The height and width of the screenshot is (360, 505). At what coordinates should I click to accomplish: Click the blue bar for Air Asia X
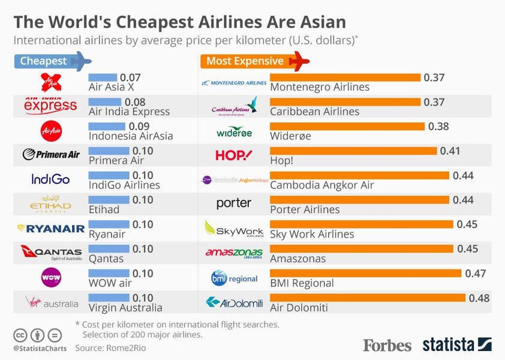pos(103,77)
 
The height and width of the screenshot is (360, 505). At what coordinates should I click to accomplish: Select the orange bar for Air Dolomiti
pos(368,298)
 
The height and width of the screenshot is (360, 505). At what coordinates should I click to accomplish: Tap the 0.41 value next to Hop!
pos(449,151)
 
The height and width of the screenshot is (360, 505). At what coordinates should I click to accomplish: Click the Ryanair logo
pos(51,228)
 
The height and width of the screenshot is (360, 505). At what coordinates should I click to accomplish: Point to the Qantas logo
pos(51,252)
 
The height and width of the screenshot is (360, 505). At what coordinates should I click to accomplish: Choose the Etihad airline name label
pos(104,209)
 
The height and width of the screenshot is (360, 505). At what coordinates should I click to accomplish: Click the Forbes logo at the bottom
pos(387,345)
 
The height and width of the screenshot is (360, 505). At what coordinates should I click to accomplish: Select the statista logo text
pos(449,345)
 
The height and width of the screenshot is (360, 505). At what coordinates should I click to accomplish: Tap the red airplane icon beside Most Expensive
pos(298,61)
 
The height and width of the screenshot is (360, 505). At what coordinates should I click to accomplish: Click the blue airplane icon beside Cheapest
pos(80,61)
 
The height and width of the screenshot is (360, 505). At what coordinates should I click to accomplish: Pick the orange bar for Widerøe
pos(347,126)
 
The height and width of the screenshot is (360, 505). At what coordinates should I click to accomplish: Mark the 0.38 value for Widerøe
pos(438,126)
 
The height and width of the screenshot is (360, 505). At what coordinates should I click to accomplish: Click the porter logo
pos(234,203)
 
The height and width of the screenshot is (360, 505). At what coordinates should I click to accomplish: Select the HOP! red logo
pos(234,155)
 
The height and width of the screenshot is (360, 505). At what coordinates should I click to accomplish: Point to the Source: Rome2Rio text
pos(110,347)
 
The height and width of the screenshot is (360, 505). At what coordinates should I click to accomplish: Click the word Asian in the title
pos(318,22)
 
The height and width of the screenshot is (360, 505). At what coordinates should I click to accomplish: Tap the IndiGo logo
pos(51,179)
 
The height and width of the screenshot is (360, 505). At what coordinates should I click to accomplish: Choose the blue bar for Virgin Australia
pos(109,298)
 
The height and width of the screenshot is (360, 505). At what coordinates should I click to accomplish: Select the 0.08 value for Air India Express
pos(133,101)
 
